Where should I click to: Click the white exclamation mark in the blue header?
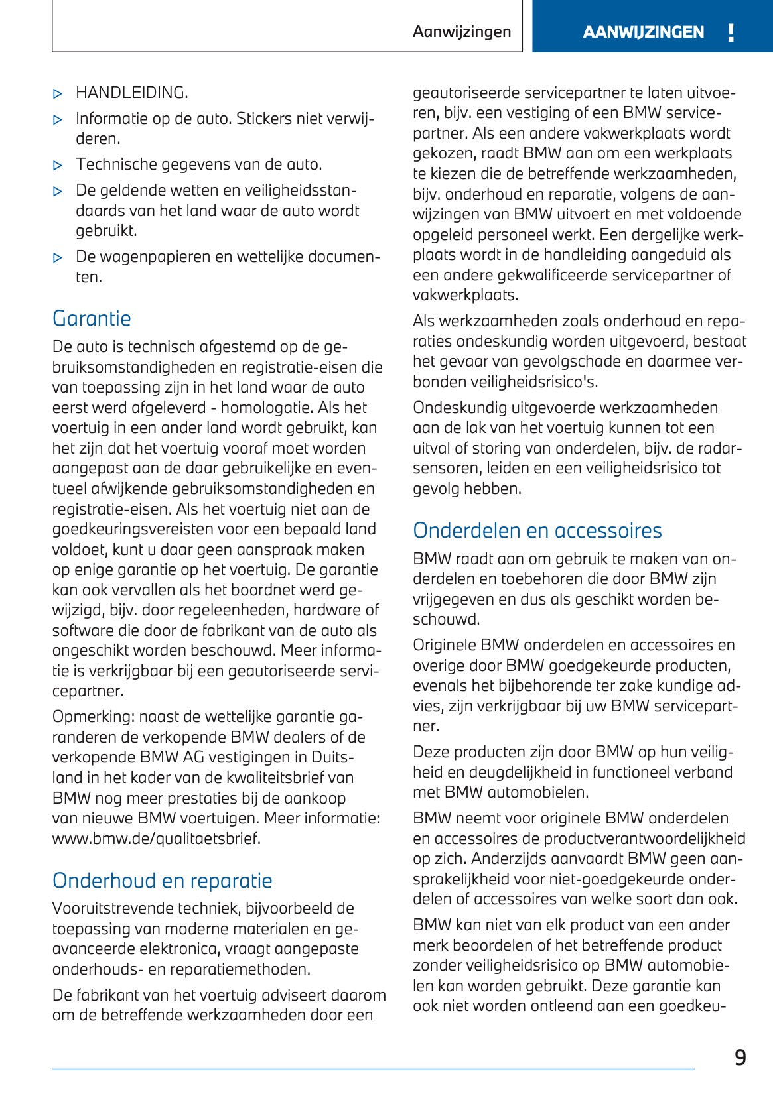(x=731, y=32)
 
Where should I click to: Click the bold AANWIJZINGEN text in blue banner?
(x=643, y=32)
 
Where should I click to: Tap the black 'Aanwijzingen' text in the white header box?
(x=462, y=32)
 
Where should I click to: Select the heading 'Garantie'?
(x=92, y=319)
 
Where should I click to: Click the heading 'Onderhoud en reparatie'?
(x=163, y=881)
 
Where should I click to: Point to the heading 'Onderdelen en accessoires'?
(x=537, y=531)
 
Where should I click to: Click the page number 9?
(x=740, y=1058)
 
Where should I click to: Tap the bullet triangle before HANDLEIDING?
(x=58, y=94)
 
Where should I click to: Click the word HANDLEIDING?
(x=131, y=93)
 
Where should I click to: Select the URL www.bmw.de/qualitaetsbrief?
(x=157, y=839)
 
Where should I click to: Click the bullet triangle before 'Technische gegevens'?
(x=58, y=166)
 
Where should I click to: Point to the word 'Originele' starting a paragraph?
(x=444, y=645)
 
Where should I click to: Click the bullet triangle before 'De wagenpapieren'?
(x=58, y=258)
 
